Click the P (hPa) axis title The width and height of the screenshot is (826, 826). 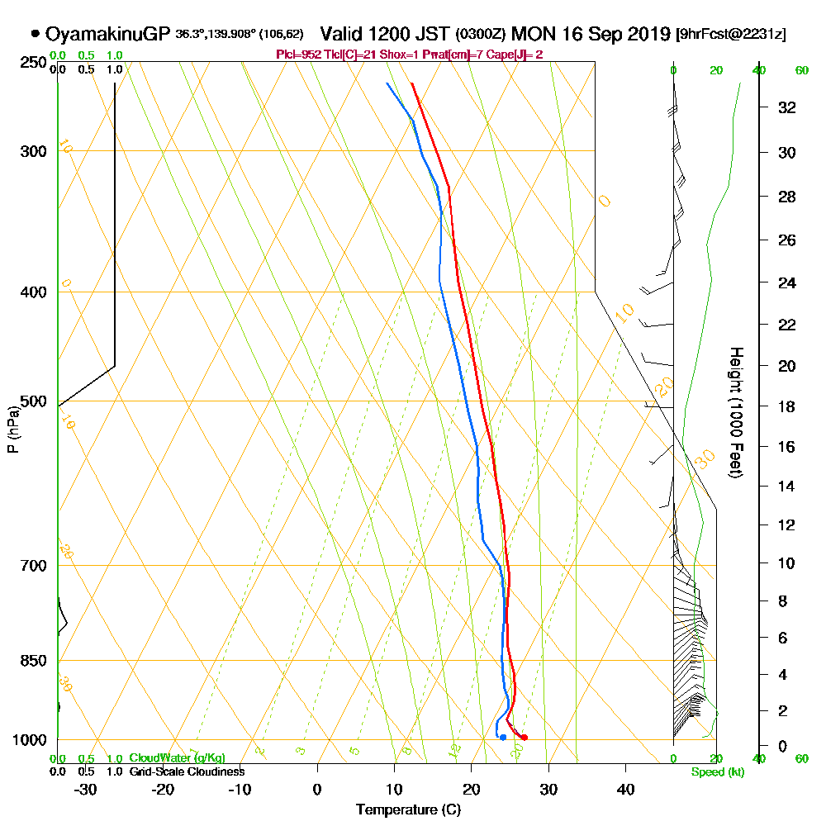pyautogui.click(x=12, y=430)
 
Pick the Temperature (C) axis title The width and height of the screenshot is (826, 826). pyautogui.click(x=408, y=810)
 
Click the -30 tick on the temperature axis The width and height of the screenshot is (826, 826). pyautogui.click(x=85, y=790)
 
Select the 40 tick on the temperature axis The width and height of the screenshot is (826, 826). pyautogui.click(x=625, y=790)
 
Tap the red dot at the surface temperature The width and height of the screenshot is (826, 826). pyautogui.click(x=525, y=738)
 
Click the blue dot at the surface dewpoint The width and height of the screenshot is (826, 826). pyautogui.click(x=503, y=738)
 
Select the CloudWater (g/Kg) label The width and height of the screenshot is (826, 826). pyautogui.click(x=177, y=758)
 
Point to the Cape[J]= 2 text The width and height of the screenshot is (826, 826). pyautogui.click(x=517, y=55)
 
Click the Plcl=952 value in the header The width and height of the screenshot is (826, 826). pyautogui.click(x=298, y=55)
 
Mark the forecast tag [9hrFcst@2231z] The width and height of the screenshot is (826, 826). pyautogui.click(x=730, y=36)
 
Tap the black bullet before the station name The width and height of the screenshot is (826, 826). pyautogui.click(x=35, y=35)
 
